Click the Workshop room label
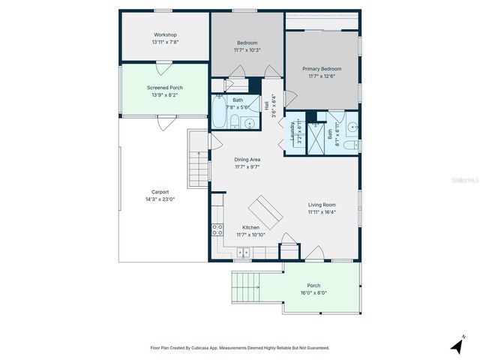click(165, 34)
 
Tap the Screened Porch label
click(165, 88)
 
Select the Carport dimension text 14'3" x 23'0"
click(160, 199)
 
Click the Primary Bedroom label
click(321, 68)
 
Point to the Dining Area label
click(247, 159)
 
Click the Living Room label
click(322, 204)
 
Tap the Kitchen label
click(250, 227)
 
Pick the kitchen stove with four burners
click(218, 230)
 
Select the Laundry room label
click(292, 133)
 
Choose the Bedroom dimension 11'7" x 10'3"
click(247, 50)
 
